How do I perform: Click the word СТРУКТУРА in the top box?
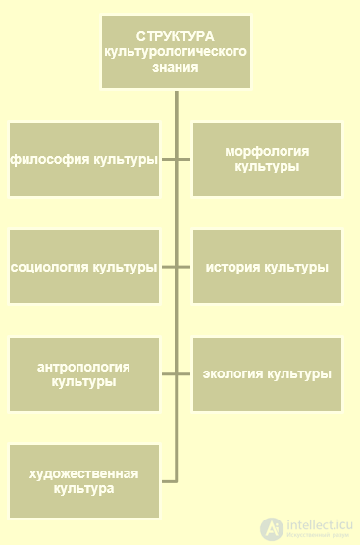(176, 35)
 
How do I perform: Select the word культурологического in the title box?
(176, 51)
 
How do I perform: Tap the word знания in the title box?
(176, 68)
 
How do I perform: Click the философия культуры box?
(84, 159)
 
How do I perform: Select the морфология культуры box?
(267, 159)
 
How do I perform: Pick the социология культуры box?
(84, 267)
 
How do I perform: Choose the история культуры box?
(267, 267)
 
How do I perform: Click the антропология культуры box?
(84, 374)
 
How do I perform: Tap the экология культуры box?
(267, 374)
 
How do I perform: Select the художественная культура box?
(84, 481)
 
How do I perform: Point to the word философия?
(44, 160)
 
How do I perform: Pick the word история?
(231, 267)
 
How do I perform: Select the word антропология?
(83, 367)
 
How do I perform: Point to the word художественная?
(83, 473)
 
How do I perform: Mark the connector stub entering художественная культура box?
(168, 481)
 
